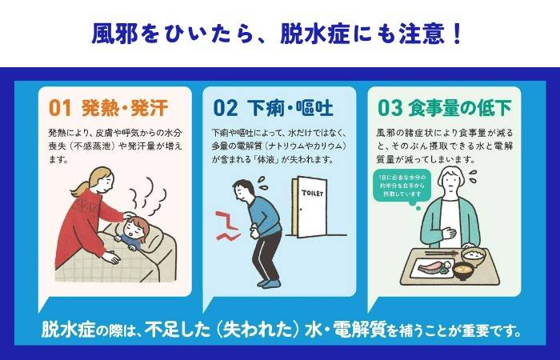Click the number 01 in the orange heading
[x=60, y=107]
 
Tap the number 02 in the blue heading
[x=225, y=107]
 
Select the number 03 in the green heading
[x=390, y=107]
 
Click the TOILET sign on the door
[x=312, y=194]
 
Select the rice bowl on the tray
[x=474, y=256]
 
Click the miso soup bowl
[x=463, y=271]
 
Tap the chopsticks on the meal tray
[x=442, y=254]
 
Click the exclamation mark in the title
[x=458, y=34]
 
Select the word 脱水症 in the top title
[x=314, y=34]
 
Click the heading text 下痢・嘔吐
[x=290, y=107]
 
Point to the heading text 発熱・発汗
[x=125, y=107]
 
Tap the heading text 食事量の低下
[x=460, y=107]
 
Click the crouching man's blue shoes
[x=269, y=283]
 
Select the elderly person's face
[x=451, y=182]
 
